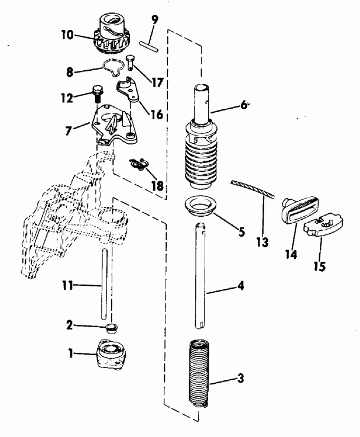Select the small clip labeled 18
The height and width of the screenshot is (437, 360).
point(140,164)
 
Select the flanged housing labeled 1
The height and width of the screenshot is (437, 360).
point(111,358)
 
